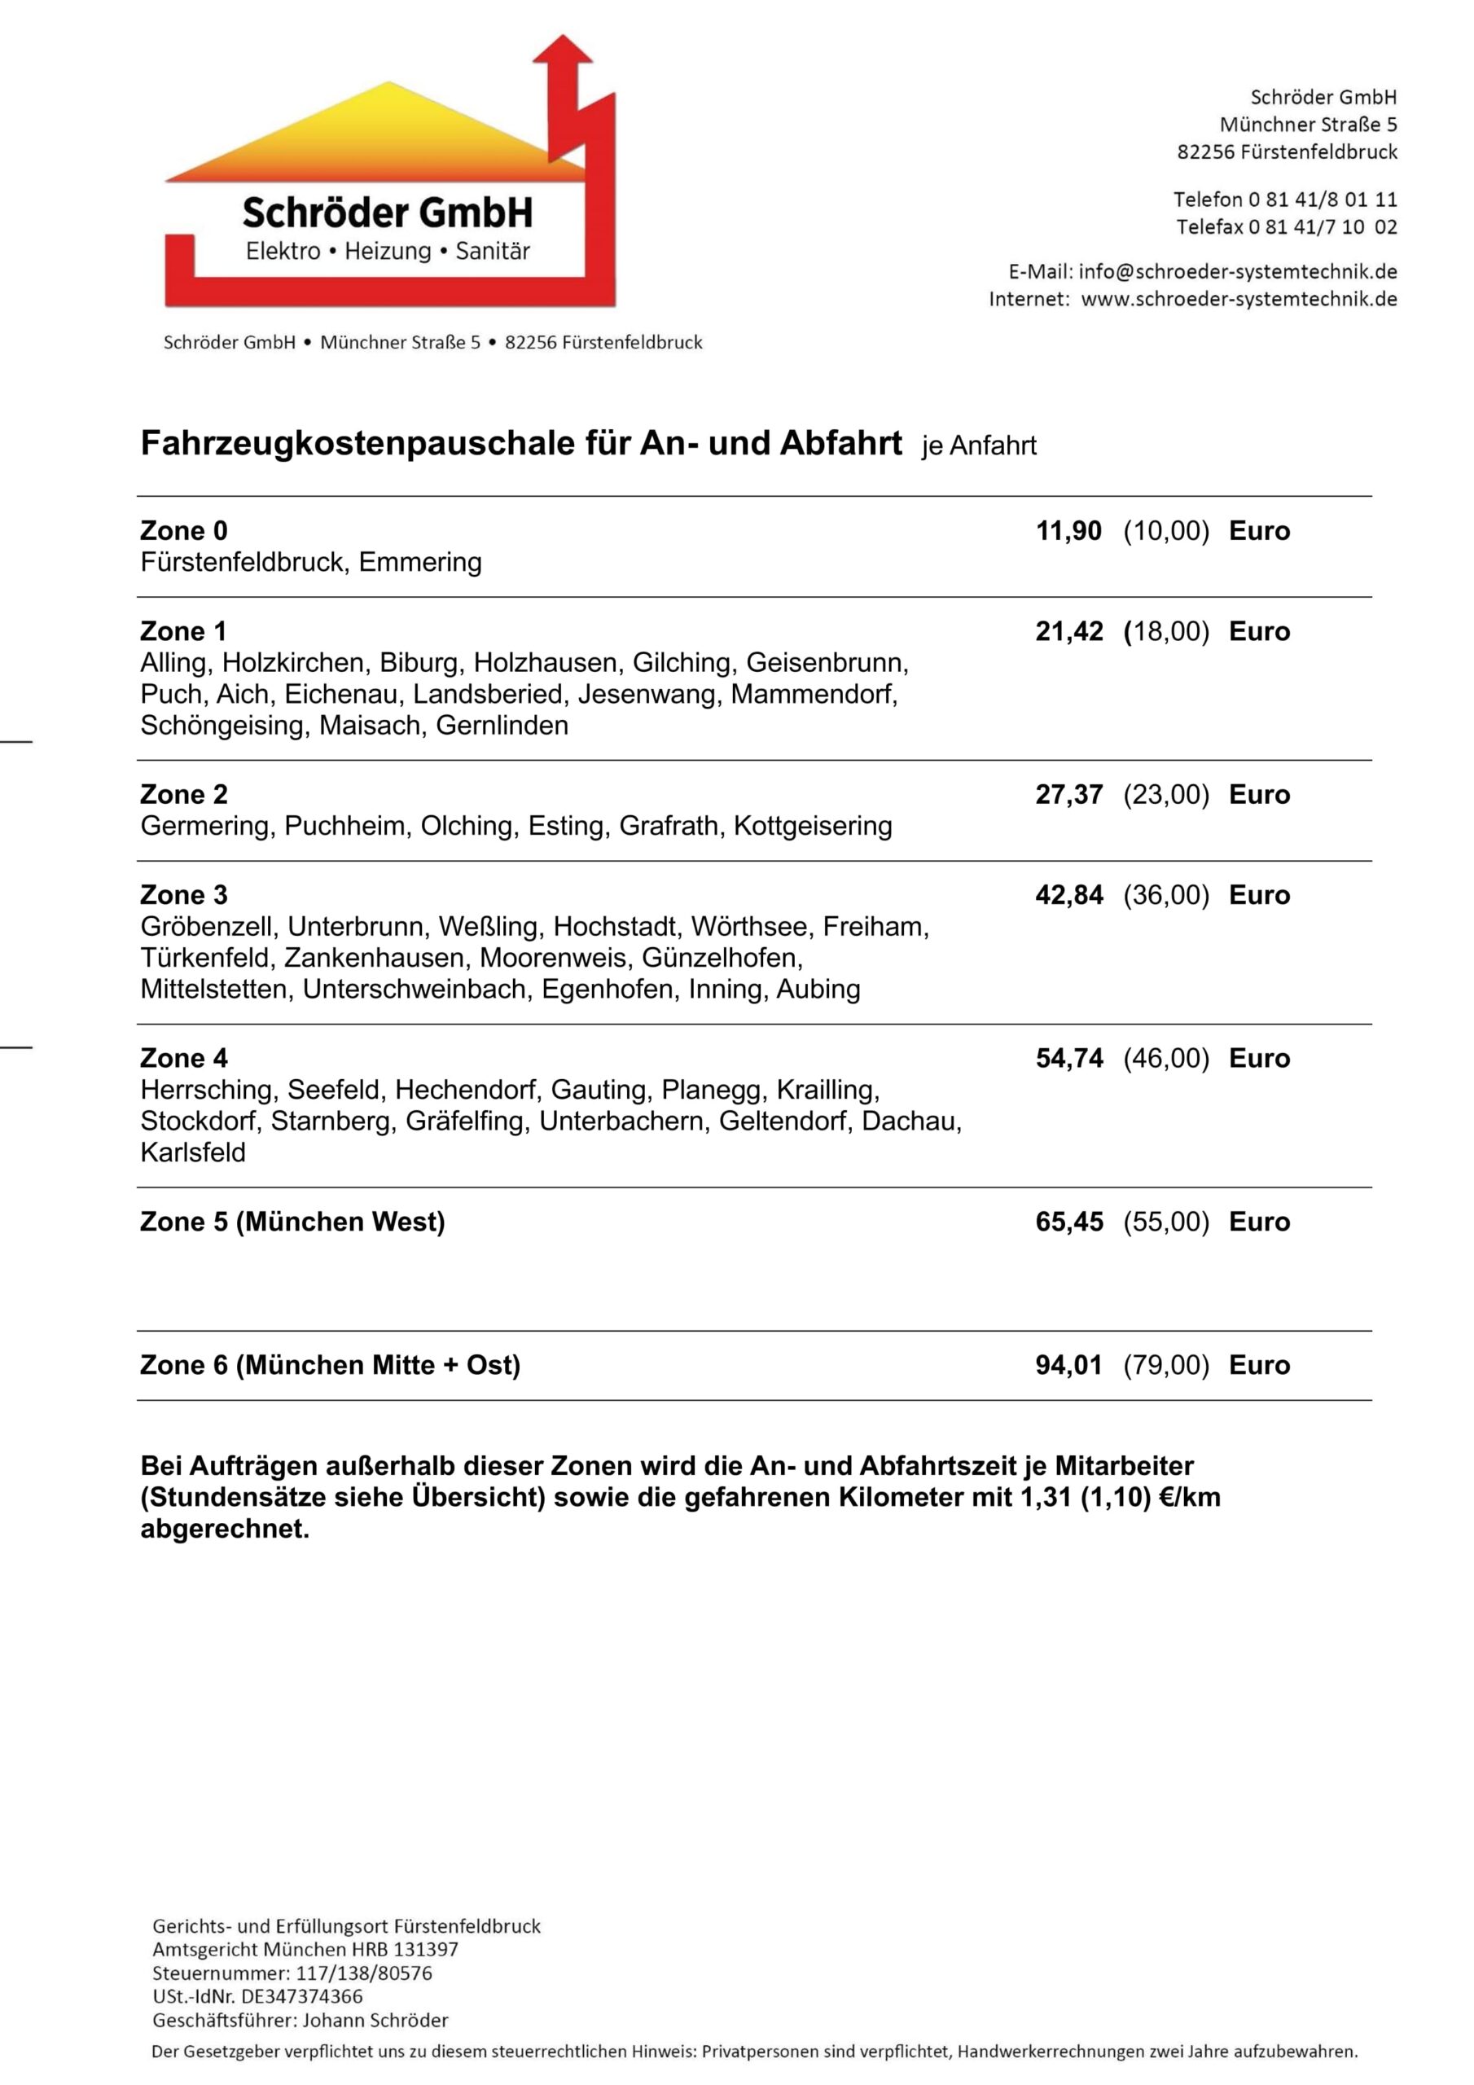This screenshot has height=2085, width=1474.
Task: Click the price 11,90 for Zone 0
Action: pyautogui.click(x=1069, y=531)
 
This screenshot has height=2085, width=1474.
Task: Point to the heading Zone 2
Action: pyautogui.click(x=183, y=795)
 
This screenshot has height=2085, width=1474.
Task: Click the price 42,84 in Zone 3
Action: pyautogui.click(x=1069, y=895)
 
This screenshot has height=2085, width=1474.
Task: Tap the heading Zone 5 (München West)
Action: pyautogui.click(x=292, y=1222)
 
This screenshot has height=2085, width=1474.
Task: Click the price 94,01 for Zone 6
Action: pyautogui.click(x=1069, y=1366)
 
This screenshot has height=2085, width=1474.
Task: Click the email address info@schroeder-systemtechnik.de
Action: pyautogui.click(x=1237, y=271)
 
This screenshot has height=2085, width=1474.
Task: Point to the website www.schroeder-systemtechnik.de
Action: pyautogui.click(x=1239, y=299)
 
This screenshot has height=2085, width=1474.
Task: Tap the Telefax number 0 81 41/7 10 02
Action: pyautogui.click(x=1323, y=227)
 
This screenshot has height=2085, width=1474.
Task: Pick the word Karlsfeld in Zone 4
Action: pyautogui.click(x=192, y=1153)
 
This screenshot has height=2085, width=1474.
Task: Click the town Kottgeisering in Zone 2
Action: pyautogui.click(x=812, y=827)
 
